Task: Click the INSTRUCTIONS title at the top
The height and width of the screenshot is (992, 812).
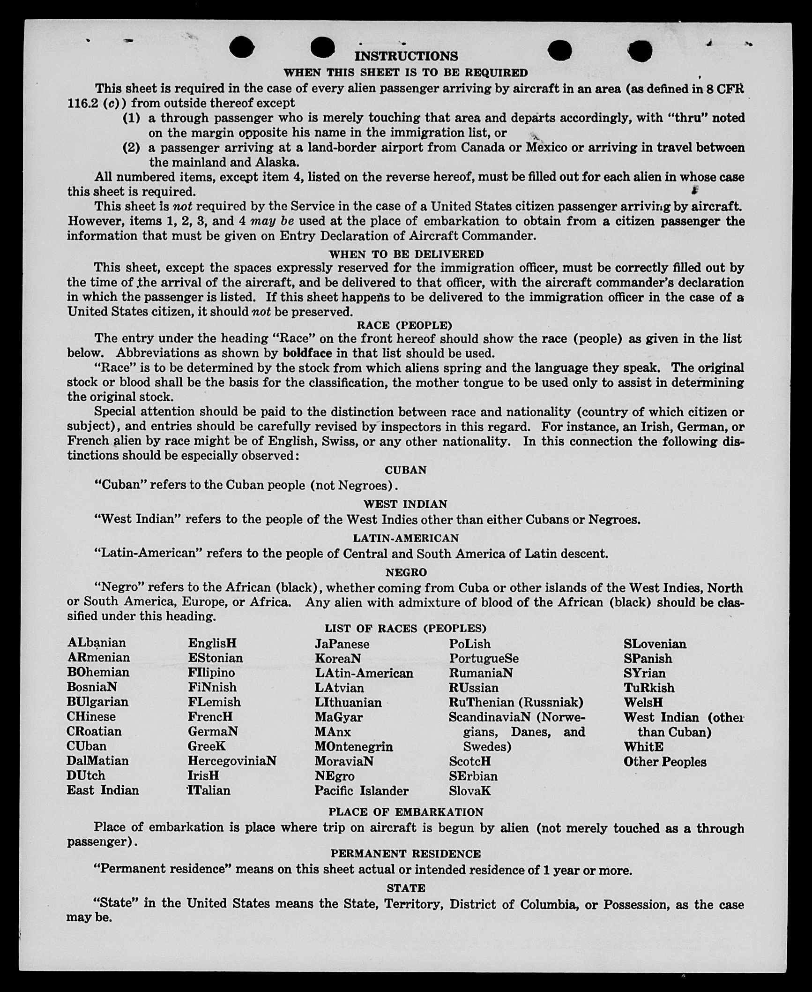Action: point(406,56)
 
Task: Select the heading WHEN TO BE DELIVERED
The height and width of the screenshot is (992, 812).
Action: point(406,254)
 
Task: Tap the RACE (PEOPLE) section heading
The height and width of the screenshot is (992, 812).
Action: point(404,325)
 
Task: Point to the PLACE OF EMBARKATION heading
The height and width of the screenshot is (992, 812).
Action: point(406,812)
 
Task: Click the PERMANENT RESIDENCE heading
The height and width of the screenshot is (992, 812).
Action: point(406,854)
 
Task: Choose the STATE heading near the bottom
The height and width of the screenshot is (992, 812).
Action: point(406,888)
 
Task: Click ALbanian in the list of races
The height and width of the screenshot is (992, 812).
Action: point(97,642)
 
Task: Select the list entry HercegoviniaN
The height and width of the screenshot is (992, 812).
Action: point(232,760)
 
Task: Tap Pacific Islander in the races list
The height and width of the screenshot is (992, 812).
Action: point(361,791)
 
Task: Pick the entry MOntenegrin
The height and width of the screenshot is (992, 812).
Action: point(354,746)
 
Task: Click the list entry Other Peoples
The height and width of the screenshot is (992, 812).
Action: point(664,762)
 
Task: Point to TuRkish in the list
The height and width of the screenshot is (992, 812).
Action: point(649,688)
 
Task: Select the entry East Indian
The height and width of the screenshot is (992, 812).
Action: point(103,790)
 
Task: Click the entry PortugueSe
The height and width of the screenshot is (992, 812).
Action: point(484,659)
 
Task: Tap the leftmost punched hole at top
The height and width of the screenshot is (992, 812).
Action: point(242,47)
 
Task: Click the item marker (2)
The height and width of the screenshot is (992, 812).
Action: point(131,148)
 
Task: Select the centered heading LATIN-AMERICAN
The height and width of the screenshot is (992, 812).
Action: point(406,538)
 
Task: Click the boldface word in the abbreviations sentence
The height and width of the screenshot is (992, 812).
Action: point(307,353)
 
